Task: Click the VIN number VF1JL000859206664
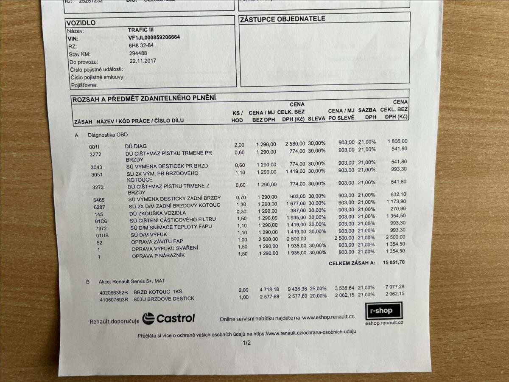click(x=154, y=37)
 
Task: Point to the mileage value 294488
click(x=138, y=53)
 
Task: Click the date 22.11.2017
click(x=143, y=61)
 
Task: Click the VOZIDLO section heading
click(x=81, y=22)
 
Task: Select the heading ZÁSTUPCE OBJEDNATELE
click(x=283, y=19)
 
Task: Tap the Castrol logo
click(x=168, y=318)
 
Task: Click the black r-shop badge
click(x=383, y=311)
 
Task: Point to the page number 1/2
click(x=246, y=343)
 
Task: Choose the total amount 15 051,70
click(x=394, y=262)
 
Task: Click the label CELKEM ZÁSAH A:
click(x=352, y=263)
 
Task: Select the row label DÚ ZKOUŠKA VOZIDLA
click(x=157, y=213)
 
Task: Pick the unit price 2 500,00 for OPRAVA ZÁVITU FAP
click(x=266, y=239)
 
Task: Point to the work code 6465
click(x=99, y=199)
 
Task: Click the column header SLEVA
click(x=316, y=119)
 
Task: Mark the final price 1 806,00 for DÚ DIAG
click(x=397, y=141)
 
